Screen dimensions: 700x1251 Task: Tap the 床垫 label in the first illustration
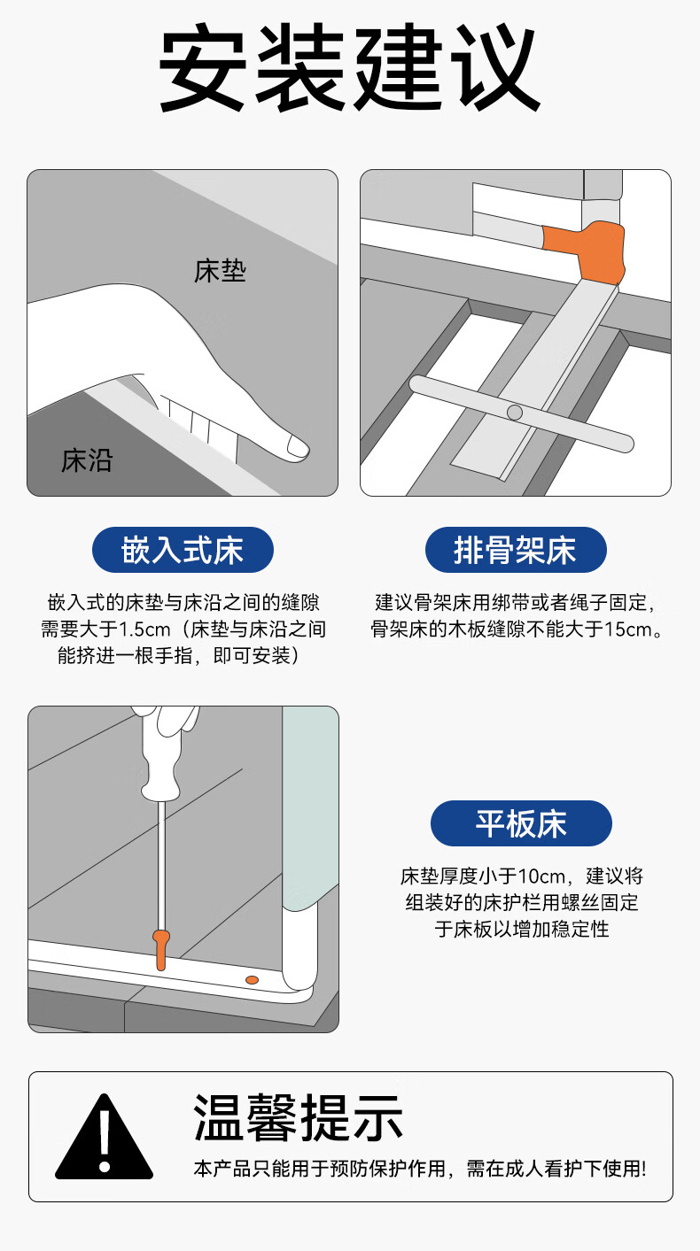click(220, 271)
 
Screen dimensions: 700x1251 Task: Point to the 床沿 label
click(87, 460)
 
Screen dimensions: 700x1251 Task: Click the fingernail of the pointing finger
click(297, 445)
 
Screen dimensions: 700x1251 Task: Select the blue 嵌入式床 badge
click(183, 551)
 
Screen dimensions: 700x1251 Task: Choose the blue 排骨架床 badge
click(516, 551)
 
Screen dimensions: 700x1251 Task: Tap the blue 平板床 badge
click(521, 824)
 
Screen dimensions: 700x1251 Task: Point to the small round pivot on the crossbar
click(514, 412)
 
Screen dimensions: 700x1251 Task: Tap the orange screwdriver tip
click(160, 949)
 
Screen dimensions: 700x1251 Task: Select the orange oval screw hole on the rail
click(252, 979)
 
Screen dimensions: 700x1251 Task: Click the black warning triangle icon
click(104, 1138)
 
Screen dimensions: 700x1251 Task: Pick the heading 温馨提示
click(299, 1118)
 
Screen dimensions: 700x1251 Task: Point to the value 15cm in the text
click(627, 630)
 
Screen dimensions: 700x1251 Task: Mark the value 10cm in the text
click(542, 876)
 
